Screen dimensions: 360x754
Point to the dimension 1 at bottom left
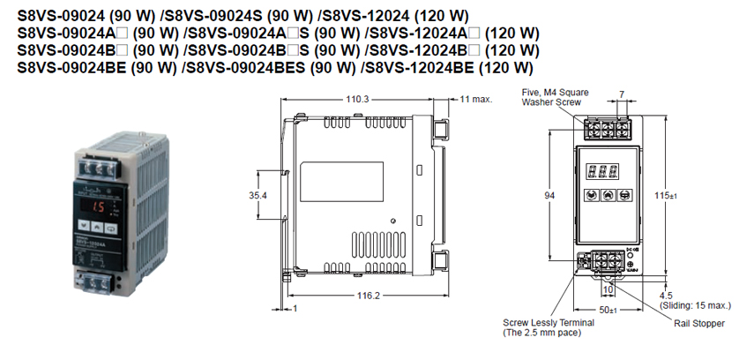pyautogui.click(x=296, y=308)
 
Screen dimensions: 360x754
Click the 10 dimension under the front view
pyautogui.click(x=608, y=289)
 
